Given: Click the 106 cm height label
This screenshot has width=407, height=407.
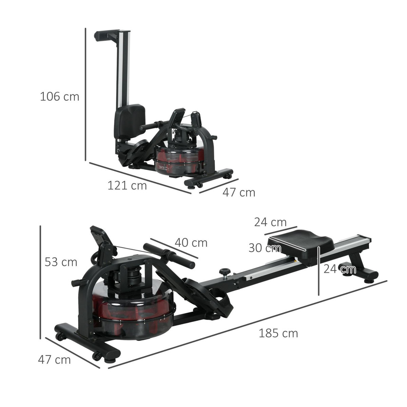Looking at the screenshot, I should pos(59,97).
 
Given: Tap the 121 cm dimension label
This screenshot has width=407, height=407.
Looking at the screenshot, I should pos(127,186).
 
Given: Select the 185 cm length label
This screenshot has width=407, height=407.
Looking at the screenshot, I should pos(278,333).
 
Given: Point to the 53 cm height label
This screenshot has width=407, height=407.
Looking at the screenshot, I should pos(61,262).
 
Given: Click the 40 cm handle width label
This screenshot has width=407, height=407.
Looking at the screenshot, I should pos(191,243).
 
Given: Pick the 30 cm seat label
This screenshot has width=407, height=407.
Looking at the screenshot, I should pos(265,248).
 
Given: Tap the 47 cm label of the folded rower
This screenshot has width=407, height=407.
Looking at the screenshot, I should pos(238,192).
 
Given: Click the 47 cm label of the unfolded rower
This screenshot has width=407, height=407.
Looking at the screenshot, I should pos(54,360).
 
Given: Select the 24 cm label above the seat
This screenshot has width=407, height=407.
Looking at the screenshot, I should pos(270,222).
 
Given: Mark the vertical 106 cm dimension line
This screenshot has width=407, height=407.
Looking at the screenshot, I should pos(85,95).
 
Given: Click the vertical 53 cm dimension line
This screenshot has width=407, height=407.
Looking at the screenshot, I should pos(40,282).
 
